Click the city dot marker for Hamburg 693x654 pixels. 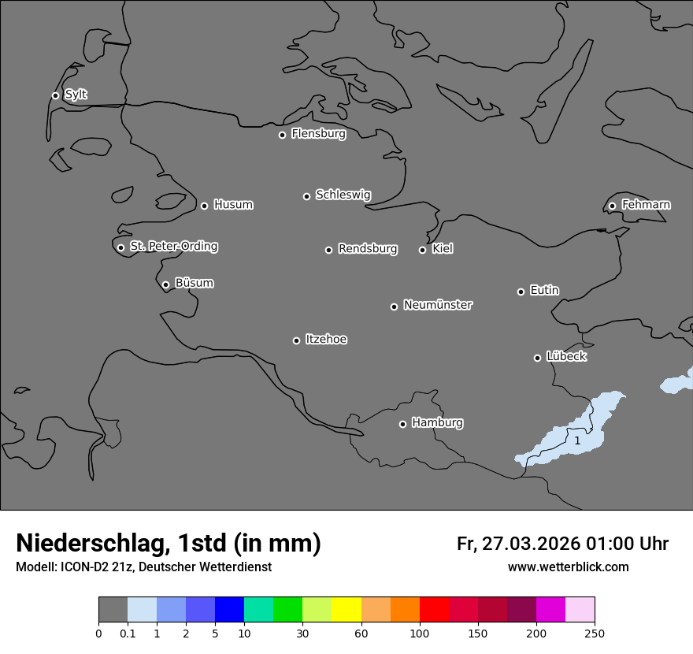pyautogui.click(x=402, y=424)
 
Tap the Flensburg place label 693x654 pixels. pyautogui.click(x=318, y=134)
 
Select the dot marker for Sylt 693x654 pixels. pyautogui.click(x=55, y=95)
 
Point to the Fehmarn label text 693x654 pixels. pyautogui.click(x=646, y=205)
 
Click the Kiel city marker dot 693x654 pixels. pyautogui.click(x=422, y=250)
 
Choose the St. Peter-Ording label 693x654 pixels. pyautogui.click(x=173, y=247)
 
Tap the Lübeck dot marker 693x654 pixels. pyautogui.click(x=537, y=358)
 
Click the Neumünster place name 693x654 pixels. pyautogui.click(x=438, y=305)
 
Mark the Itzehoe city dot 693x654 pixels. pyautogui.click(x=296, y=340)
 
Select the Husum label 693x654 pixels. pyautogui.click(x=233, y=205)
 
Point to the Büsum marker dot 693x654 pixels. pyautogui.click(x=165, y=284)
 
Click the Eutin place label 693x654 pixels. pyautogui.click(x=544, y=290)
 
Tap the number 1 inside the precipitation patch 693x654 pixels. pyautogui.click(x=577, y=440)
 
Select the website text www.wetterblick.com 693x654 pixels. pyautogui.click(x=568, y=567)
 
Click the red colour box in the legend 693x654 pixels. pyautogui.click(x=434, y=610)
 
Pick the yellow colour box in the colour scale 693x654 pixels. pyautogui.click(x=346, y=610)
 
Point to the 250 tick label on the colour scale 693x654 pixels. pyautogui.click(x=595, y=633)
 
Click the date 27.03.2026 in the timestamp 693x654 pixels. pyautogui.click(x=525, y=544)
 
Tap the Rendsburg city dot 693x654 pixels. pyautogui.click(x=328, y=250)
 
